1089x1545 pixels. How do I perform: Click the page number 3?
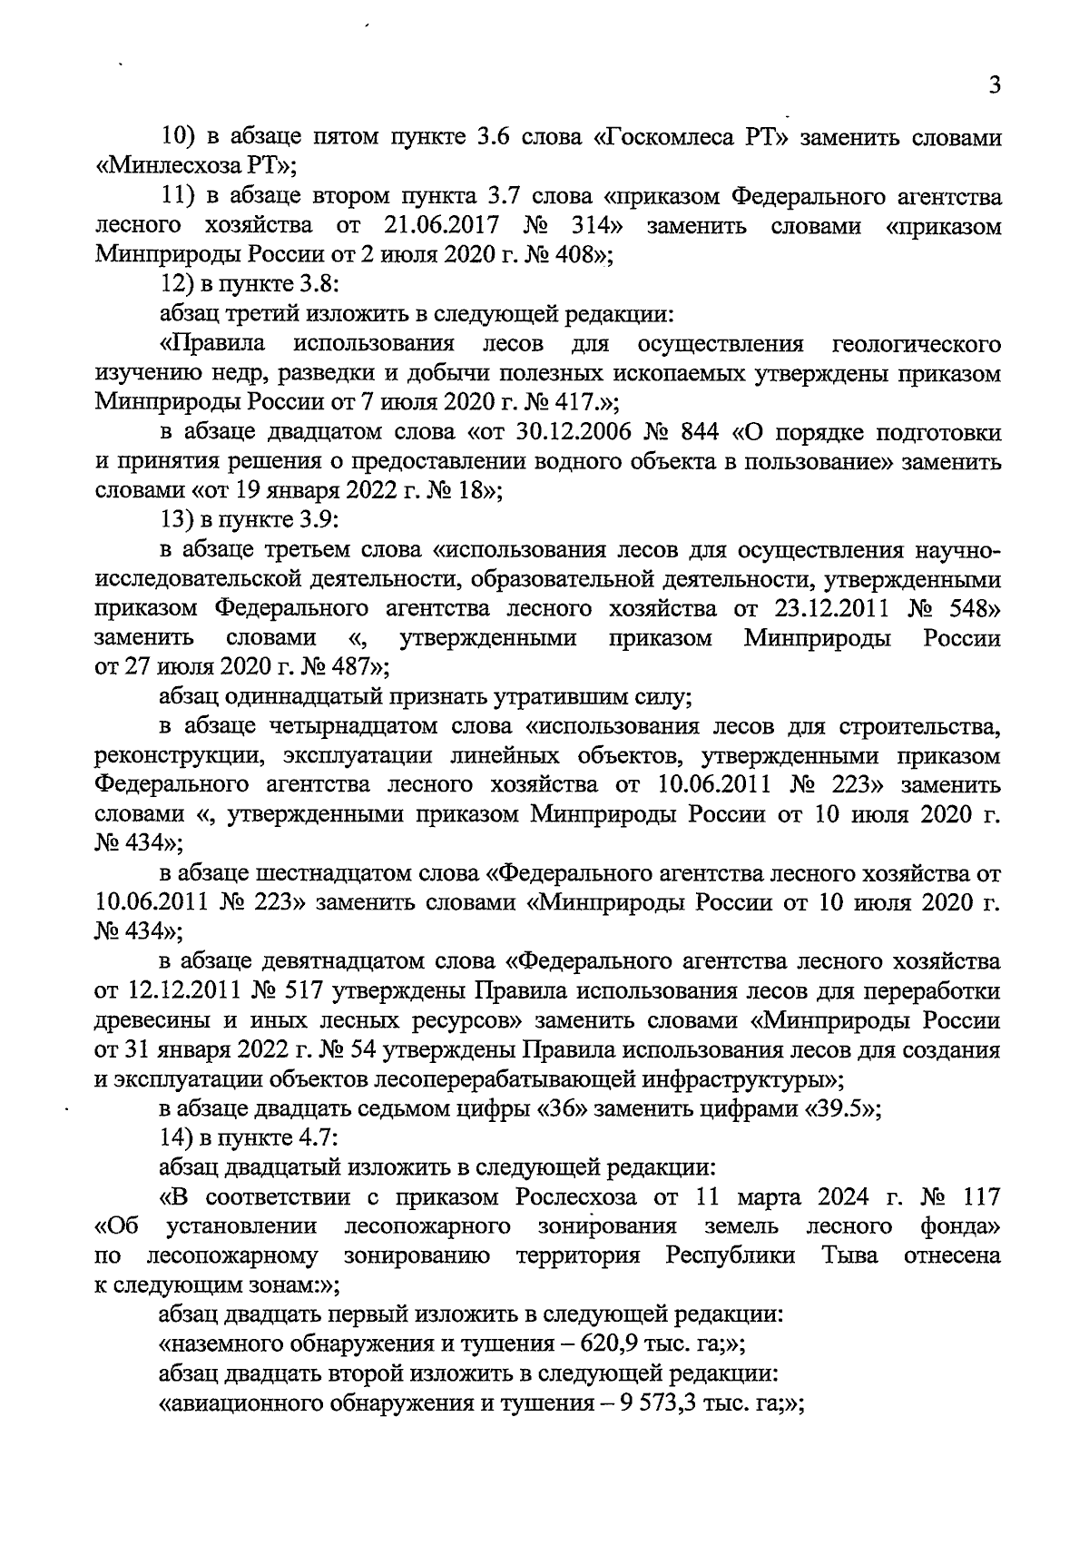[995, 86]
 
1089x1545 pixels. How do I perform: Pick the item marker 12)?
[178, 284]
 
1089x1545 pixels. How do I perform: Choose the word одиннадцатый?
[299, 697]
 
